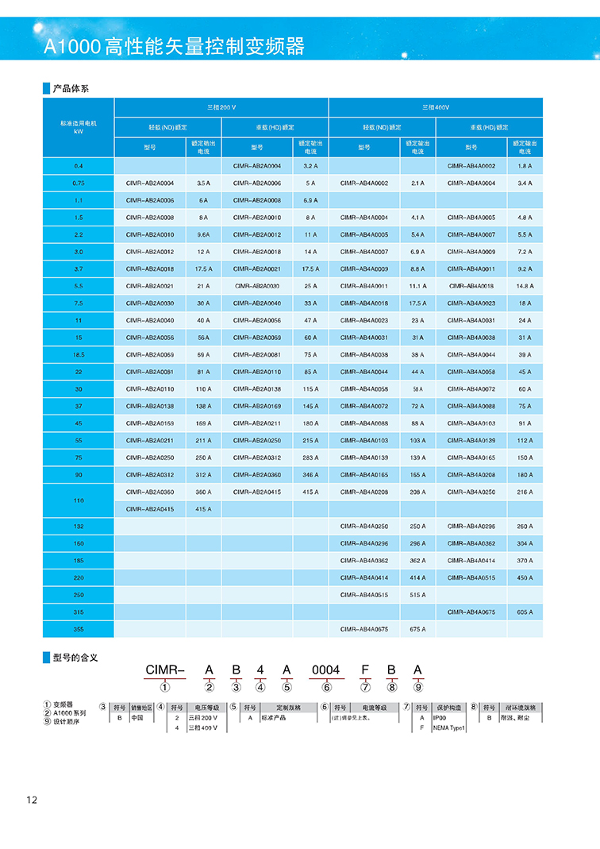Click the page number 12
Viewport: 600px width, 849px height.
[x=32, y=800]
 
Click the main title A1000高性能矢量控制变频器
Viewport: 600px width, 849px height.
[x=174, y=46]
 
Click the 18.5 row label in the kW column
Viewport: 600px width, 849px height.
[x=78, y=354]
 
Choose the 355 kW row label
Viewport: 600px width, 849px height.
[x=78, y=629]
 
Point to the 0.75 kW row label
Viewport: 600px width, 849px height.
[x=78, y=183]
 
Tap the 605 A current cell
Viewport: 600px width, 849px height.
[x=525, y=612]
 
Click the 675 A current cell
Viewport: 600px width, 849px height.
[x=417, y=629]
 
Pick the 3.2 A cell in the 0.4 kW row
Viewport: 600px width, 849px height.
[x=310, y=166]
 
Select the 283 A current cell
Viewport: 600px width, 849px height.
[x=310, y=457]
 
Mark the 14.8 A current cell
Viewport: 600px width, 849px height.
[x=525, y=286]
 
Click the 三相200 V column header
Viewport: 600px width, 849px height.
[x=221, y=106]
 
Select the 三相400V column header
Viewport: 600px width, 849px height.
[x=436, y=106]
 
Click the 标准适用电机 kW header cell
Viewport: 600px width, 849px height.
[x=78, y=127]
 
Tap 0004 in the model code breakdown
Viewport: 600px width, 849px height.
[x=325, y=670]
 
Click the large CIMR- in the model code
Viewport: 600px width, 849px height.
[x=165, y=670]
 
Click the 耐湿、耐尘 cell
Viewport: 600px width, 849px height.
[x=521, y=717]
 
